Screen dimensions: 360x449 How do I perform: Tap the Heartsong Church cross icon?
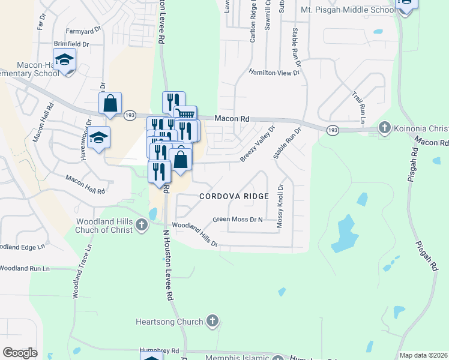211,322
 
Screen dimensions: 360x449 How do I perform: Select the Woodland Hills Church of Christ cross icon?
141,226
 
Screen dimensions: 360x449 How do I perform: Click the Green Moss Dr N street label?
238,220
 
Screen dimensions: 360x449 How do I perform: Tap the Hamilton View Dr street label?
274,72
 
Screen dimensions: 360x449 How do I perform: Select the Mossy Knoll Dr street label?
280,206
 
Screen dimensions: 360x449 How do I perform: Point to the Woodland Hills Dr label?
194,235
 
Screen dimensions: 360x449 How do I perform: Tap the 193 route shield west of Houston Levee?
129,115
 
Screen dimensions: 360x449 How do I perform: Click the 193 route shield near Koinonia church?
331,129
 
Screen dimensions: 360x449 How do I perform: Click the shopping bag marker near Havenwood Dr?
110,104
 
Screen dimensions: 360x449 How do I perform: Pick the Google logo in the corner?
20,353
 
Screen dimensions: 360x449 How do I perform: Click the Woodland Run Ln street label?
24,268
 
